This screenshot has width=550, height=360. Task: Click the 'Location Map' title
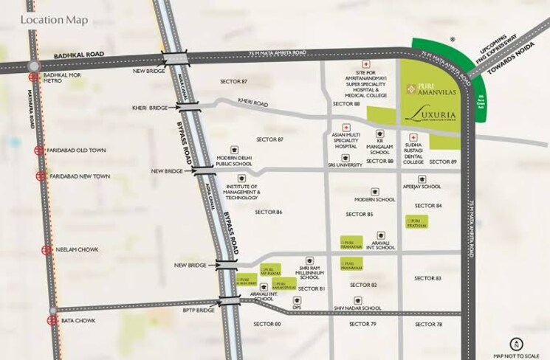(x=55, y=19)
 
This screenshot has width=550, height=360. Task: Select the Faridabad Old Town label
(x=78, y=150)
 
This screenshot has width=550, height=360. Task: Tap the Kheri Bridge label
(x=151, y=108)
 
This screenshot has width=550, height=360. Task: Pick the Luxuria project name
(x=429, y=115)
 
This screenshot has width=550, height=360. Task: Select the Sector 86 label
(x=269, y=212)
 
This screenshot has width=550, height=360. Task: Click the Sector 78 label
(x=428, y=325)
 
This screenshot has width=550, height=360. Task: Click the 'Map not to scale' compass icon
(x=516, y=343)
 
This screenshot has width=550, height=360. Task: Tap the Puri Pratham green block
(x=419, y=221)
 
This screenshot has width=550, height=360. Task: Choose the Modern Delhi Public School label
(x=236, y=162)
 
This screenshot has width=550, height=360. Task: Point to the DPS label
(x=297, y=308)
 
